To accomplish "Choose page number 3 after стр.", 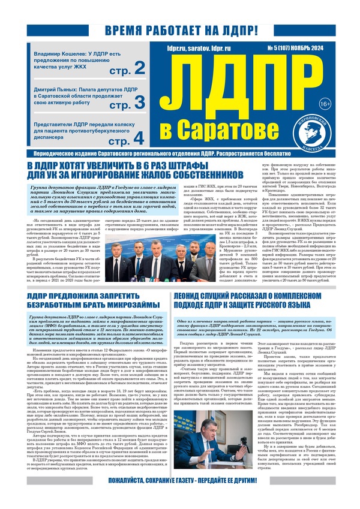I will pos(139,103).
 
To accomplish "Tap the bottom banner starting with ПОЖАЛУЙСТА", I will pos(180,497).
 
